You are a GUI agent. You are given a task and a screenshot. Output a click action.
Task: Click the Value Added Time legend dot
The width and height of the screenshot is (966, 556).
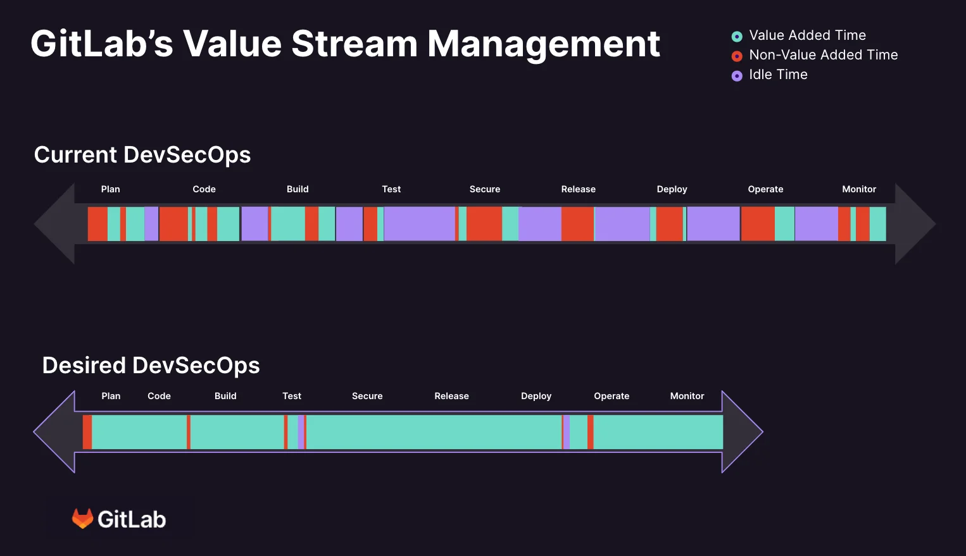coord(737,37)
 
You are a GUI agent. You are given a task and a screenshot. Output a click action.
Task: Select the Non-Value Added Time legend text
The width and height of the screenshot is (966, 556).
coord(823,55)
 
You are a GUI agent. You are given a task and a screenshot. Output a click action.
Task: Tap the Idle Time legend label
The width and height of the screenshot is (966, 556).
coord(778,75)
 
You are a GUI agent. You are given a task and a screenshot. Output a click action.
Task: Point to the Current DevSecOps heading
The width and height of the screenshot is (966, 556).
coord(142,155)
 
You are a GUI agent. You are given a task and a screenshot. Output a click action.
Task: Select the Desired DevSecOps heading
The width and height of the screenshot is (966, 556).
coord(151,366)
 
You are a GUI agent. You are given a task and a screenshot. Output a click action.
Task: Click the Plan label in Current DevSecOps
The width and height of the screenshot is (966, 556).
coord(110,189)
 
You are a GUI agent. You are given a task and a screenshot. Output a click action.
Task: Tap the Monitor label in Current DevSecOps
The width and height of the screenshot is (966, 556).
coord(859,189)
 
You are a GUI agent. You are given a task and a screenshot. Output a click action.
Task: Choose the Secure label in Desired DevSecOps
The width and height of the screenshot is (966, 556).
coord(367,396)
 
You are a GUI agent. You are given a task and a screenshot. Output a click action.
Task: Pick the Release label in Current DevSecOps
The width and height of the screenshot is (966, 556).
coord(578,189)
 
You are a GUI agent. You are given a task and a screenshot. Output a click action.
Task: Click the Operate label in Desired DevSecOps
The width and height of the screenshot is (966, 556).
coord(612,396)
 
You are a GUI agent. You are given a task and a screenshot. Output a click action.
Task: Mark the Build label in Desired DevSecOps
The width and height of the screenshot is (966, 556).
coord(225,396)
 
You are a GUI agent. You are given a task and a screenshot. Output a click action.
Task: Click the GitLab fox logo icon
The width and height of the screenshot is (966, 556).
coord(82,519)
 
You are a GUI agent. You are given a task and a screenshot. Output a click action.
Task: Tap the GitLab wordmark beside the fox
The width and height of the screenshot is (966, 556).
coord(132,519)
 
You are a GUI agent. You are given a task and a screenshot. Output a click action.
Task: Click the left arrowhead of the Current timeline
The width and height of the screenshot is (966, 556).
coord(56,223)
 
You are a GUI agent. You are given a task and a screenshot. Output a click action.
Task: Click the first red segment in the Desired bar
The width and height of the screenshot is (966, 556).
coord(87,432)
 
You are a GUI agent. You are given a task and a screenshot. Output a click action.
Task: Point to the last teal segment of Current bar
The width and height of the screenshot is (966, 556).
coord(877,224)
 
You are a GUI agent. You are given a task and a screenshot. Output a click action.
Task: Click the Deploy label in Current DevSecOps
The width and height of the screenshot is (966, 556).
coord(672,189)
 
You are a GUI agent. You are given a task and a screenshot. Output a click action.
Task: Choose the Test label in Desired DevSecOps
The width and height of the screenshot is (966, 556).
coord(292,396)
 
